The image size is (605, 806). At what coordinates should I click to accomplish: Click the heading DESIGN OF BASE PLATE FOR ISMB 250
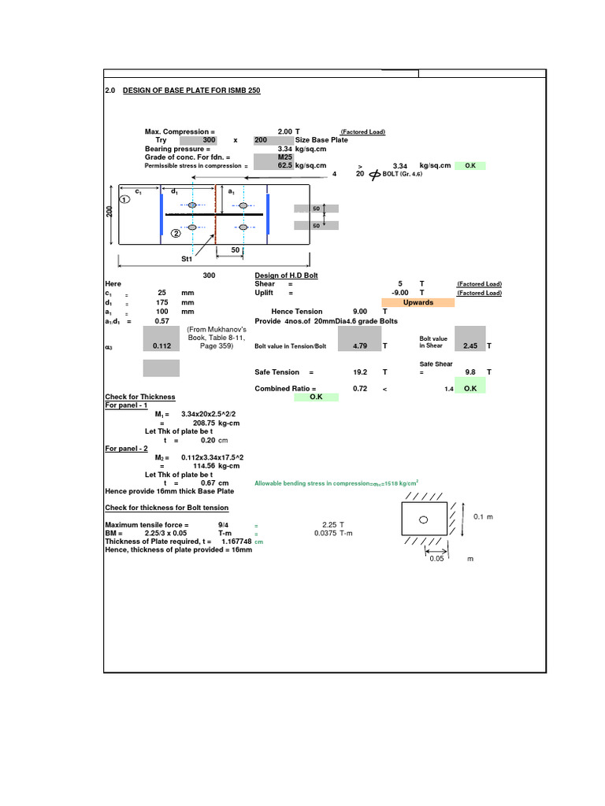191,91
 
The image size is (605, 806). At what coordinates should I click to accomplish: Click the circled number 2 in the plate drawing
175,233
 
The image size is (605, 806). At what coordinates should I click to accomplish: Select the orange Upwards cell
418,302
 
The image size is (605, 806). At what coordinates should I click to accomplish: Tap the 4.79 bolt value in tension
361,346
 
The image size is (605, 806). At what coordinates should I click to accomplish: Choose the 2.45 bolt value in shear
470,346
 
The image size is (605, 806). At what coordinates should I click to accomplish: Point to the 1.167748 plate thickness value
236,542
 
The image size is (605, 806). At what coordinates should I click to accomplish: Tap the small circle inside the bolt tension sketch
423,519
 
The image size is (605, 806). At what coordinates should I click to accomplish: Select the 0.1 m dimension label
484,516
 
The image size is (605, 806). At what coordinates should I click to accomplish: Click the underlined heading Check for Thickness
140,397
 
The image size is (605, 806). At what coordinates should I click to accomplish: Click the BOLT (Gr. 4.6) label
403,174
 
